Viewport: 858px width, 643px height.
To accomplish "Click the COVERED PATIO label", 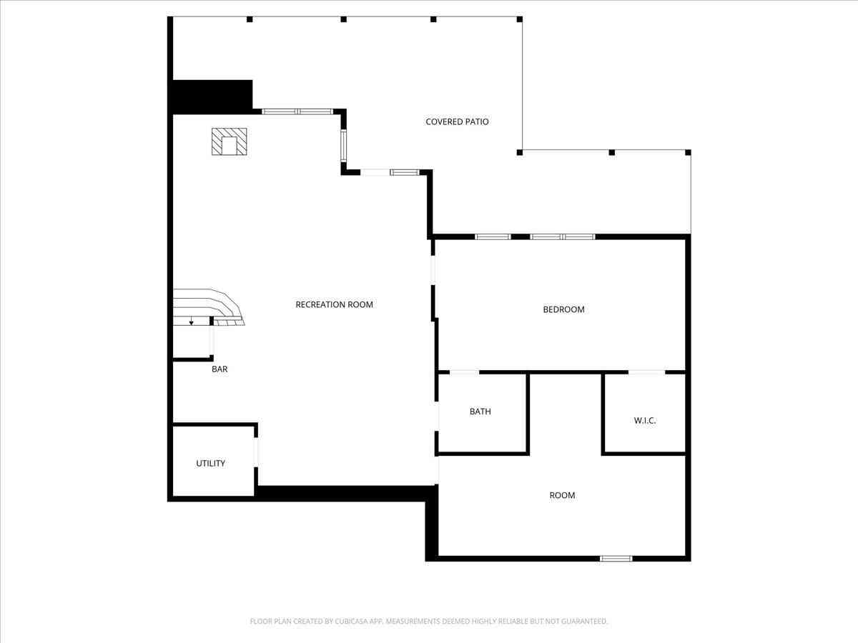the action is pyautogui.click(x=457, y=121).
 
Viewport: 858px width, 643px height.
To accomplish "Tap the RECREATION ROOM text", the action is pyautogui.click(x=334, y=304).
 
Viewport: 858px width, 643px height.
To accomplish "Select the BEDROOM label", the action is pyautogui.click(x=563, y=309).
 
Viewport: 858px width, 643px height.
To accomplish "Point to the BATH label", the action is pyautogui.click(x=480, y=412).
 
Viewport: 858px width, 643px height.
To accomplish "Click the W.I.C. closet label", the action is pyautogui.click(x=645, y=421).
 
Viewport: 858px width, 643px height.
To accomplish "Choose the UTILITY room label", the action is pyautogui.click(x=210, y=464).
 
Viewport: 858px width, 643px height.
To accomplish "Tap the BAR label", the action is pyautogui.click(x=220, y=369).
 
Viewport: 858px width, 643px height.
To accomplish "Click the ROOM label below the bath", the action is pyautogui.click(x=562, y=495).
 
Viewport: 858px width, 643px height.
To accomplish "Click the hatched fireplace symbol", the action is pyautogui.click(x=230, y=141).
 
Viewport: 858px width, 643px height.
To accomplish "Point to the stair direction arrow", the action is pyautogui.click(x=191, y=321).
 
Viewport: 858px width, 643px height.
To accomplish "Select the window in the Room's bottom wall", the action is pyautogui.click(x=616, y=559).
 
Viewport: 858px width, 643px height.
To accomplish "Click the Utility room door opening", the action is pyautogui.click(x=256, y=452).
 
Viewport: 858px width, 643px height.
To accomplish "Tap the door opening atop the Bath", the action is pyautogui.click(x=464, y=372).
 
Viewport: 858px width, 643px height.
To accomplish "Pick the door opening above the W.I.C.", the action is pyautogui.click(x=646, y=372).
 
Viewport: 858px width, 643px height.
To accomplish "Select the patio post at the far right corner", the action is pyautogui.click(x=688, y=152).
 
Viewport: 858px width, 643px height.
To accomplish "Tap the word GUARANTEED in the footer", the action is pyautogui.click(x=584, y=621).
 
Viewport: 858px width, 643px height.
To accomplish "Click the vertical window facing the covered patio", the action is pyautogui.click(x=343, y=146).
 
